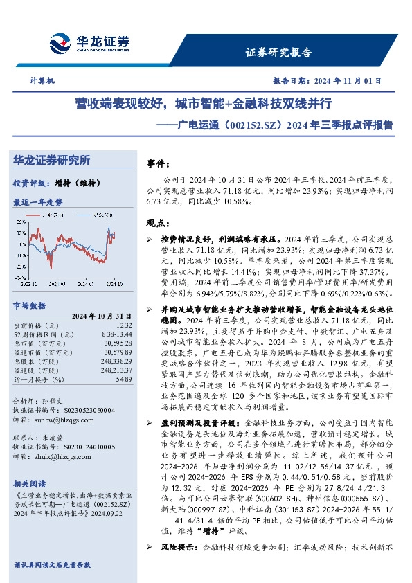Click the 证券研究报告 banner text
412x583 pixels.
click(x=278, y=53)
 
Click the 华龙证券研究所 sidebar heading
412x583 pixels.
click(x=52, y=161)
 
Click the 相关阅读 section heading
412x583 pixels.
click(x=30, y=483)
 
